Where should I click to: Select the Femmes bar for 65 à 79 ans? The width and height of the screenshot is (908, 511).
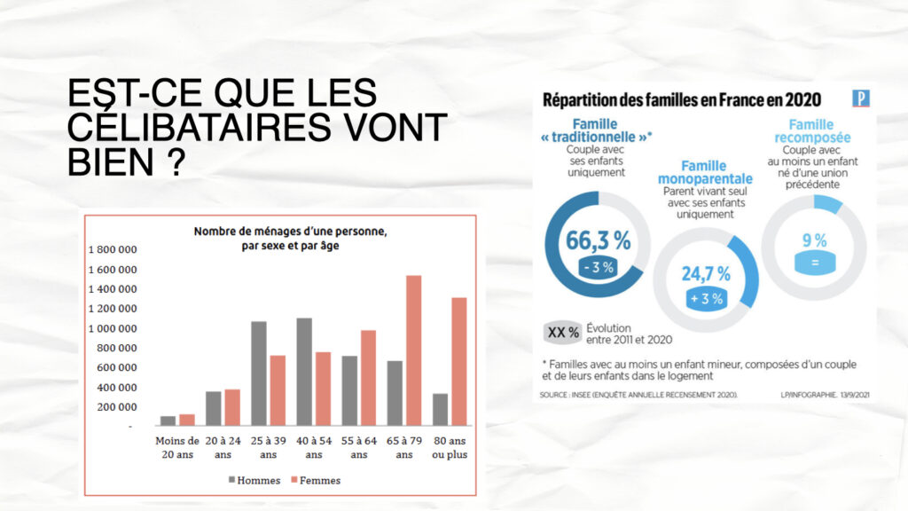pyautogui.click(x=413, y=350)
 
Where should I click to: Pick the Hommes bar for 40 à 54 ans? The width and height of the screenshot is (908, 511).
pyautogui.click(x=304, y=372)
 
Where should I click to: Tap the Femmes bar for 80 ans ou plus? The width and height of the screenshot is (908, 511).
pyautogui.click(x=458, y=361)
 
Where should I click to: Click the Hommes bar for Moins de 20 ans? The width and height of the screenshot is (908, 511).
pyautogui.click(x=168, y=421)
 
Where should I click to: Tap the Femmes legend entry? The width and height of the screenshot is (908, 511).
pyautogui.click(x=315, y=480)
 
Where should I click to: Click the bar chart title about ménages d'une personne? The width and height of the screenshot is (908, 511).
pyautogui.click(x=291, y=239)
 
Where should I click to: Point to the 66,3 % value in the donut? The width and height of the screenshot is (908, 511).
pyautogui.click(x=599, y=240)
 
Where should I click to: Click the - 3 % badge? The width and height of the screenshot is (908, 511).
pyautogui.click(x=599, y=266)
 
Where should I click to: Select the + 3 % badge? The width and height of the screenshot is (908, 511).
pyautogui.click(x=706, y=298)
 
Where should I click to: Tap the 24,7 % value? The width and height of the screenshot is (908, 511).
pyautogui.click(x=706, y=273)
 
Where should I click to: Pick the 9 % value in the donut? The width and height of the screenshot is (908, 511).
pyautogui.click(x=814, y=240)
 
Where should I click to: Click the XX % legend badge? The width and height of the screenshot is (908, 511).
pyautogui.click(x=562, y=333)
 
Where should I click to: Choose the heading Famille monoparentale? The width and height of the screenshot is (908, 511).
pyautogui.click(x=704, y=172)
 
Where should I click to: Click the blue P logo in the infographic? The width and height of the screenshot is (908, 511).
pyautogui.click(x=860, y=98)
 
